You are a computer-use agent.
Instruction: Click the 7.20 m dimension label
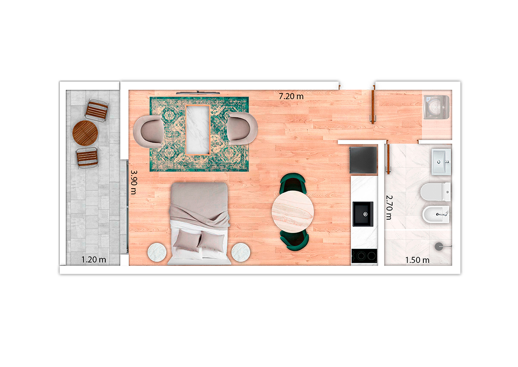click(x=291, y=96)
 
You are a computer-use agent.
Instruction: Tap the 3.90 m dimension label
click(x=134, y=182)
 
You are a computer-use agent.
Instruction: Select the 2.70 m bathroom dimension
click(x=389, y=207)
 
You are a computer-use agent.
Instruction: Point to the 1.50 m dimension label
click(x=417, y=260)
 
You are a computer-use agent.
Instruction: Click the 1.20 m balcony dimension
click(x=94, y=259)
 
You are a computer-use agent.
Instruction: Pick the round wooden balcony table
click(x=85, y=133)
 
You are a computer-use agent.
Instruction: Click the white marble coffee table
click(x=198, y=130)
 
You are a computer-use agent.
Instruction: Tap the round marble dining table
click(x=293, y=212)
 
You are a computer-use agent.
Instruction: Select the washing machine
click(x=437, y=107)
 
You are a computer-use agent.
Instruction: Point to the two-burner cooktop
click(x=364, y=256)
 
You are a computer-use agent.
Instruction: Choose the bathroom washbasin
click(x=441, y=162)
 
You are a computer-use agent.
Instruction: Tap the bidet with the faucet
click(x=436, y=214)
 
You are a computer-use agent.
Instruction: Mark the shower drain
click(x=439, y=246)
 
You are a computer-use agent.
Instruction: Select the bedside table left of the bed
click(x=157, y=252)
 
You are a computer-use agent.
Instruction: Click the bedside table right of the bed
click(x=241, y=252)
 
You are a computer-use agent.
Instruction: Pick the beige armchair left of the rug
click(x=148, y=131)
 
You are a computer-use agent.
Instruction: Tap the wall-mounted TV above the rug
click(x=198, y=93)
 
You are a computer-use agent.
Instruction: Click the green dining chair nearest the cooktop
click(x=294, y=240)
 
